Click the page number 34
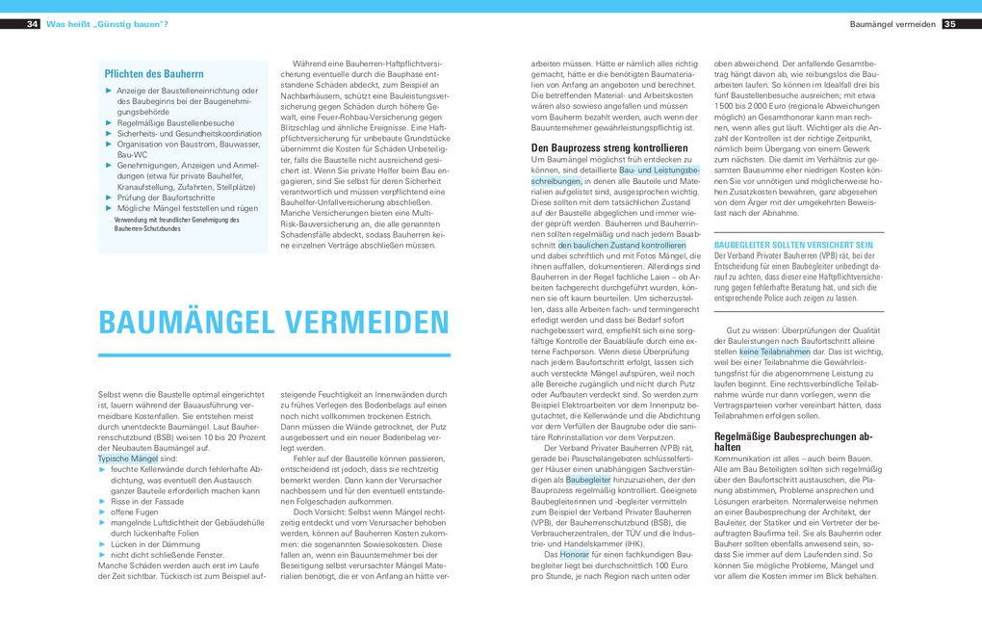(33, 24)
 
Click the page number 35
(949, 24)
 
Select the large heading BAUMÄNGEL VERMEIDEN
(274, 322)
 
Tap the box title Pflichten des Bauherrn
(154, 73)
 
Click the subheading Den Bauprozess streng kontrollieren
(609, 148)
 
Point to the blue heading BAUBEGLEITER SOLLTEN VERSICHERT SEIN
(793, 245)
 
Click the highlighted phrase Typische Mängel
(128, 459)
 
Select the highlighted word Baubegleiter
(587, 479)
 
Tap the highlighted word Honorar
(575, 555)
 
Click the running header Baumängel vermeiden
(892, 24)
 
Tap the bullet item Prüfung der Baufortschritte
(166, 197)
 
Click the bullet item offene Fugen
(136, 512)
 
